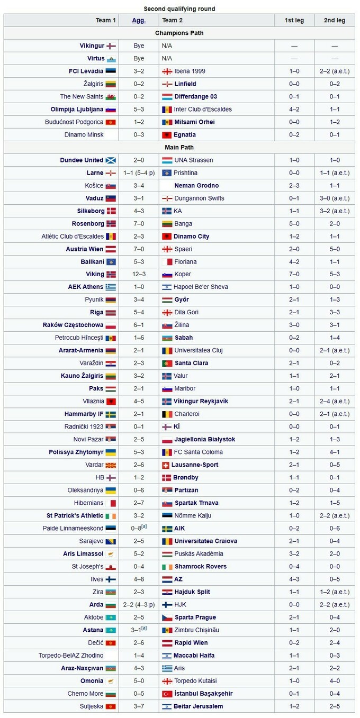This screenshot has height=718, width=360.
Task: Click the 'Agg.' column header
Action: click(x=139, y=20)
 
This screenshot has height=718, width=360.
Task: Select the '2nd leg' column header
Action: click(x=335, y=20)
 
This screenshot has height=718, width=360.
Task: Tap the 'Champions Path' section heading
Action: click(x=179, y=33)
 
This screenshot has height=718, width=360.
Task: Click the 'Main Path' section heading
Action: click(x=179, y=147)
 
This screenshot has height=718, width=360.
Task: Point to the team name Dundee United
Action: click(x=82, y=160)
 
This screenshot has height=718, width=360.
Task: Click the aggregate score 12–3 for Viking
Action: click(x=139, y=274)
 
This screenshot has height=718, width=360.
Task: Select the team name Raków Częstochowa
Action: click(x=73, y=325)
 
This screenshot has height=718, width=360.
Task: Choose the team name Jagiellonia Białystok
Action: click(x=205, y=439)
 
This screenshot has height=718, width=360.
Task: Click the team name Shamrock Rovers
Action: click(x=201, y=566)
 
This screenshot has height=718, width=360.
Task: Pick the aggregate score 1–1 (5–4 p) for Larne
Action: click(x=139, y=172)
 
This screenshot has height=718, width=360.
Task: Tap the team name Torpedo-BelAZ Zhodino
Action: click(x=71, y=655)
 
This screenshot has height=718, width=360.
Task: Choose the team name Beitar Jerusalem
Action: click(x=199, y=706)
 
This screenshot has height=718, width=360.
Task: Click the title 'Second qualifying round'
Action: click(x=179, y=8)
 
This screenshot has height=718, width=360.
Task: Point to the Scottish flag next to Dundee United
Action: click(x=111, y=160)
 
